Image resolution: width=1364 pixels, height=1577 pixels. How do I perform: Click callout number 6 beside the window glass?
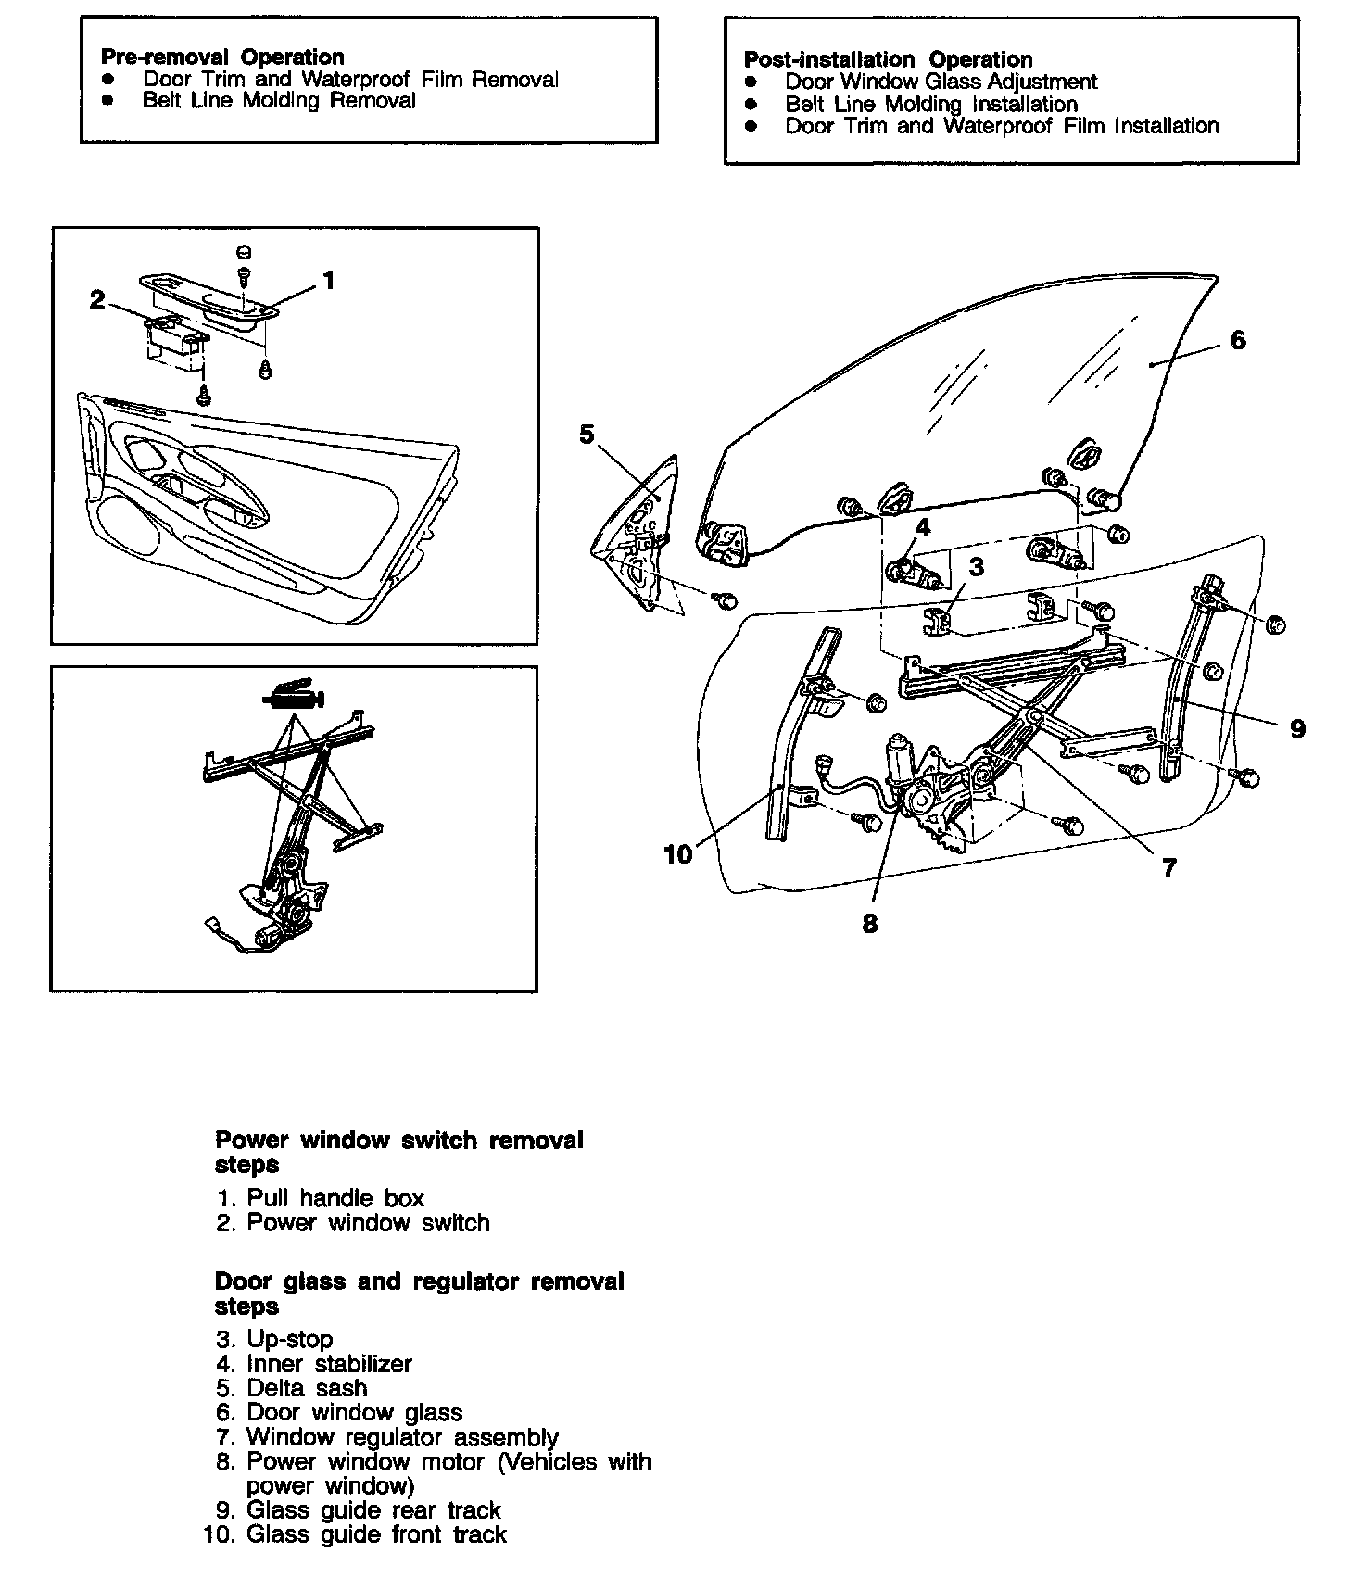(1239, 340)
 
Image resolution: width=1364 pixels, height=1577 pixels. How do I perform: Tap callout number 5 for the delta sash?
(587, 435)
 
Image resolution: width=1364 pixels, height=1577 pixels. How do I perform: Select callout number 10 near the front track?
(678, 854)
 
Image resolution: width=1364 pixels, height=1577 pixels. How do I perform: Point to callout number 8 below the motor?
(869, 924)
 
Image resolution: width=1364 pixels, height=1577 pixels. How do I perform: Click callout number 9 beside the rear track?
(1297, 729)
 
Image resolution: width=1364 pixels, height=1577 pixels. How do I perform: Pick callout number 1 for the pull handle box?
(327, 280)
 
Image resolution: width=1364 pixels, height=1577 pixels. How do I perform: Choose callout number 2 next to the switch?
(97, 300)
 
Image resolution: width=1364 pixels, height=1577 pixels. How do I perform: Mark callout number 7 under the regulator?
(1168, 868)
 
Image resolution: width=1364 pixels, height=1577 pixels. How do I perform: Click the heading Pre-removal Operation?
(222, 57)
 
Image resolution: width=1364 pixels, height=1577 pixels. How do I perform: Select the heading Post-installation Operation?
(888, 59)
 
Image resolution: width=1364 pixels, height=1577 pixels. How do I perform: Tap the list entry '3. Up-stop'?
(274, 1339)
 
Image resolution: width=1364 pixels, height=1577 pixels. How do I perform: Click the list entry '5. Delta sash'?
(292, 1388)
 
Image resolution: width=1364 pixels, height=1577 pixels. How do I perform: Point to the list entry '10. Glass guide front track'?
(355, 1534)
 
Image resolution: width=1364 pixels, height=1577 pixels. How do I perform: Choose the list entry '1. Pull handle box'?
(320, 1198)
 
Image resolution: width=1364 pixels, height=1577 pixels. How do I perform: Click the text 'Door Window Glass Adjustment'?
(941, 82)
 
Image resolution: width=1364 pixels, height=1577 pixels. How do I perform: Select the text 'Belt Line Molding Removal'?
(279, 101)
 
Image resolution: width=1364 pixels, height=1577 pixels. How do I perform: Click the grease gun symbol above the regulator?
(294, 694)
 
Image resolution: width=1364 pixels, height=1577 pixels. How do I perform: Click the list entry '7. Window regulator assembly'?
(387, 1437)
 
